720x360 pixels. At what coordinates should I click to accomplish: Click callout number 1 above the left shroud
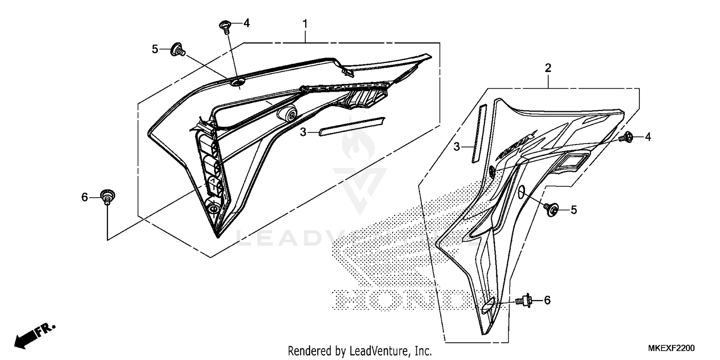click(x=305, y=24)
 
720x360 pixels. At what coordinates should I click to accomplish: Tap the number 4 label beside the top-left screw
click(x=246, y=23)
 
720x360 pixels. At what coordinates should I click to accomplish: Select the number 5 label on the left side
click(x=155, y=48)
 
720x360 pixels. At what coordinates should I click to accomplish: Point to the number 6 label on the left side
click(x=84, y=197)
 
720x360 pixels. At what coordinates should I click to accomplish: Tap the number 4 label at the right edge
click(x=648, y=137)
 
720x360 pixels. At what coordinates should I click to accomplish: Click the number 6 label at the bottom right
click(x=547, y=300)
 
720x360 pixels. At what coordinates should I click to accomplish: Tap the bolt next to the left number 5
click(x=178, y=49)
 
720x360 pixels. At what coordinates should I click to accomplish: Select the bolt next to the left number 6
click(x=108, y=197)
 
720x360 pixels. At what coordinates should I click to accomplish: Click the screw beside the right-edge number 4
click(x=627, y=138)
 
